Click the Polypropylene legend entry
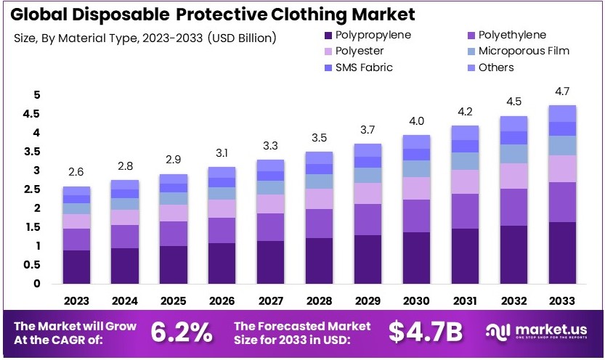point(366,35)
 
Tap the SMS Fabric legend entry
point(360,67)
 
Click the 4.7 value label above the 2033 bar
point(563,91)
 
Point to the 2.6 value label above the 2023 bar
point(76,172)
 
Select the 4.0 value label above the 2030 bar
point(416,120)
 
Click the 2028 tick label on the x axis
point(319,300)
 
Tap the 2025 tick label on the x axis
point(173,300)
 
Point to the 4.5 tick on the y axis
point(31,114)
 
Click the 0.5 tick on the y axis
point(31,265)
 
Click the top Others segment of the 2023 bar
point(76,191)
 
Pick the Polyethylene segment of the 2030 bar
point(416,216)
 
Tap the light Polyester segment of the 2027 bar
point(270,204)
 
